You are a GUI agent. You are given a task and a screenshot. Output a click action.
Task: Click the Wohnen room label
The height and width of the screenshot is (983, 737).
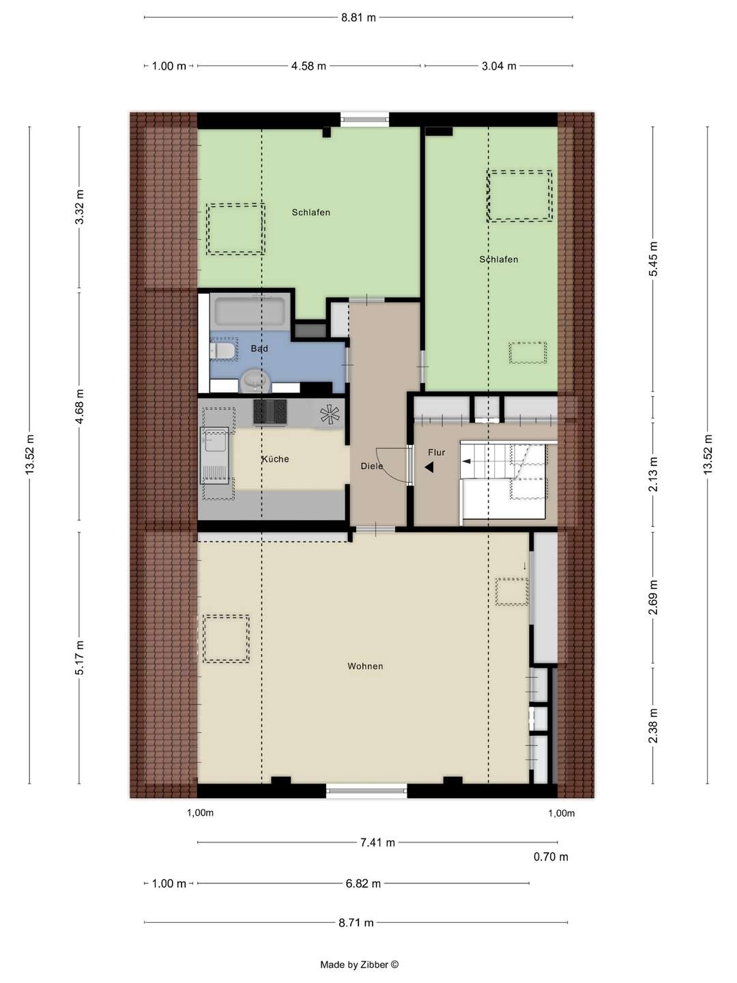(x=365, y=666)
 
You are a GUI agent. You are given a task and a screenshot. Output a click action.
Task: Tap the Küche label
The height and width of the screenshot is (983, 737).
(x=275, y=459)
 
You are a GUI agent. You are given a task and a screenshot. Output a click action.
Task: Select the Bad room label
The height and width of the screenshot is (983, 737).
(x=259, y=349)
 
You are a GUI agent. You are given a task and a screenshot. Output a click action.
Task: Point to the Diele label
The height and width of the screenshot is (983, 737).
(x=372, y=466)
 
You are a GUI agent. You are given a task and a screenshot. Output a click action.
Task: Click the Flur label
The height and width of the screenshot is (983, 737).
(x=437, y=453)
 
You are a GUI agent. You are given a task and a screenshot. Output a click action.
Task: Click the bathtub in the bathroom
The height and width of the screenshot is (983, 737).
(x=250, y=312)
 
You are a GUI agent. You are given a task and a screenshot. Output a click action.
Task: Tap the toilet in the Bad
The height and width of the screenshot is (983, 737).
(x=223, y=351)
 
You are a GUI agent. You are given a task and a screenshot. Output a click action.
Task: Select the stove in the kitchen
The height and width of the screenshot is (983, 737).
(x=270, y=412)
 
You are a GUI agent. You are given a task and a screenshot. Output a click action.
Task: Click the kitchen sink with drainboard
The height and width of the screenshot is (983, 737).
(x=216, y=455)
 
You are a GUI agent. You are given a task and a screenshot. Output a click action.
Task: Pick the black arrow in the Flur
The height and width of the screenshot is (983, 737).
(x=429, y=468)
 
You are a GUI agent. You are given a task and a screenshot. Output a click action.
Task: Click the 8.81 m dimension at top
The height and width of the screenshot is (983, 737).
(x=359, y=18)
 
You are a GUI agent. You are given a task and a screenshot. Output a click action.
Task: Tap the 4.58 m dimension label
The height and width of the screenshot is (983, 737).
(x=308, y=66)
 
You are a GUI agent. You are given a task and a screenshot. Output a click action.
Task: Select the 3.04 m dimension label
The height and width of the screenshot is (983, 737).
(x=499, y=66)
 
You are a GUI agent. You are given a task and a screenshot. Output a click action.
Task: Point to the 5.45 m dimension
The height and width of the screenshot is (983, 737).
(x=653, y=259)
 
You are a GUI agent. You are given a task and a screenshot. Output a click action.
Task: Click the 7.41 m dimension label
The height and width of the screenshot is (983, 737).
(x=377, y=843)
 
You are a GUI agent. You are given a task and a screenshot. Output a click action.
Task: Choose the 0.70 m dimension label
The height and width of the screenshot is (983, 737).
(x=551, y=857)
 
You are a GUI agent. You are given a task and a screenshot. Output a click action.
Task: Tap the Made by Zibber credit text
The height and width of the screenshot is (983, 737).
(x=360, y=965)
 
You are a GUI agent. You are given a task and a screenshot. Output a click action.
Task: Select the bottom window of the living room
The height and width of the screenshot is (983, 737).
(x=366, y=792)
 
